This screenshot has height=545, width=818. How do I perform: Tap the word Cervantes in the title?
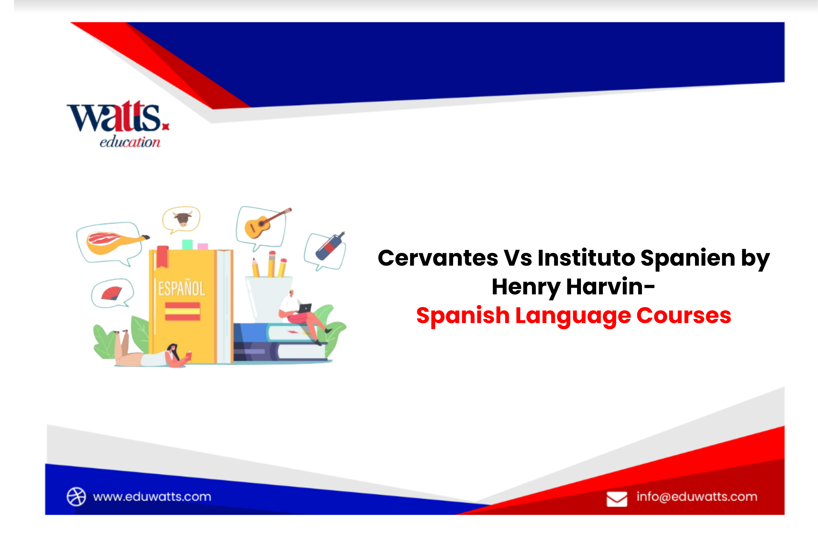438,258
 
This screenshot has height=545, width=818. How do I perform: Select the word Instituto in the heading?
586,258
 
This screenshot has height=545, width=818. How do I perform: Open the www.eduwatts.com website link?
152,497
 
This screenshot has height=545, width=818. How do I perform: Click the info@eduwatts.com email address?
697,497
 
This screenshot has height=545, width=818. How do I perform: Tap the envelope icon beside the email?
617,499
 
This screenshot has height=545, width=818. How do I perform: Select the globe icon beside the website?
76,497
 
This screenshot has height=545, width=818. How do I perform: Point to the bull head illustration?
182,219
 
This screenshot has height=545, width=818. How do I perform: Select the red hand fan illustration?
112,293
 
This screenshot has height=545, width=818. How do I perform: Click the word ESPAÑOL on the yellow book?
181,289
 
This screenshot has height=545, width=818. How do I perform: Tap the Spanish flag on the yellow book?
182,311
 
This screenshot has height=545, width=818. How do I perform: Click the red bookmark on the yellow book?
162,256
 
